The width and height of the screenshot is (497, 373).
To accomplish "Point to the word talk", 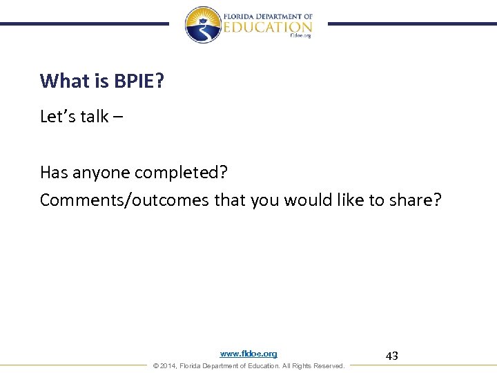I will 95,117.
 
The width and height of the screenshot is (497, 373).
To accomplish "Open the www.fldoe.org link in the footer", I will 248,354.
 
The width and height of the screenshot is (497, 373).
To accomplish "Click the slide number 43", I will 391,356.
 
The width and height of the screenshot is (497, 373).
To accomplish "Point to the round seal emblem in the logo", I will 202,25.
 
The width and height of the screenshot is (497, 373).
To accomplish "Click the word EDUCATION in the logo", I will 268,28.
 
